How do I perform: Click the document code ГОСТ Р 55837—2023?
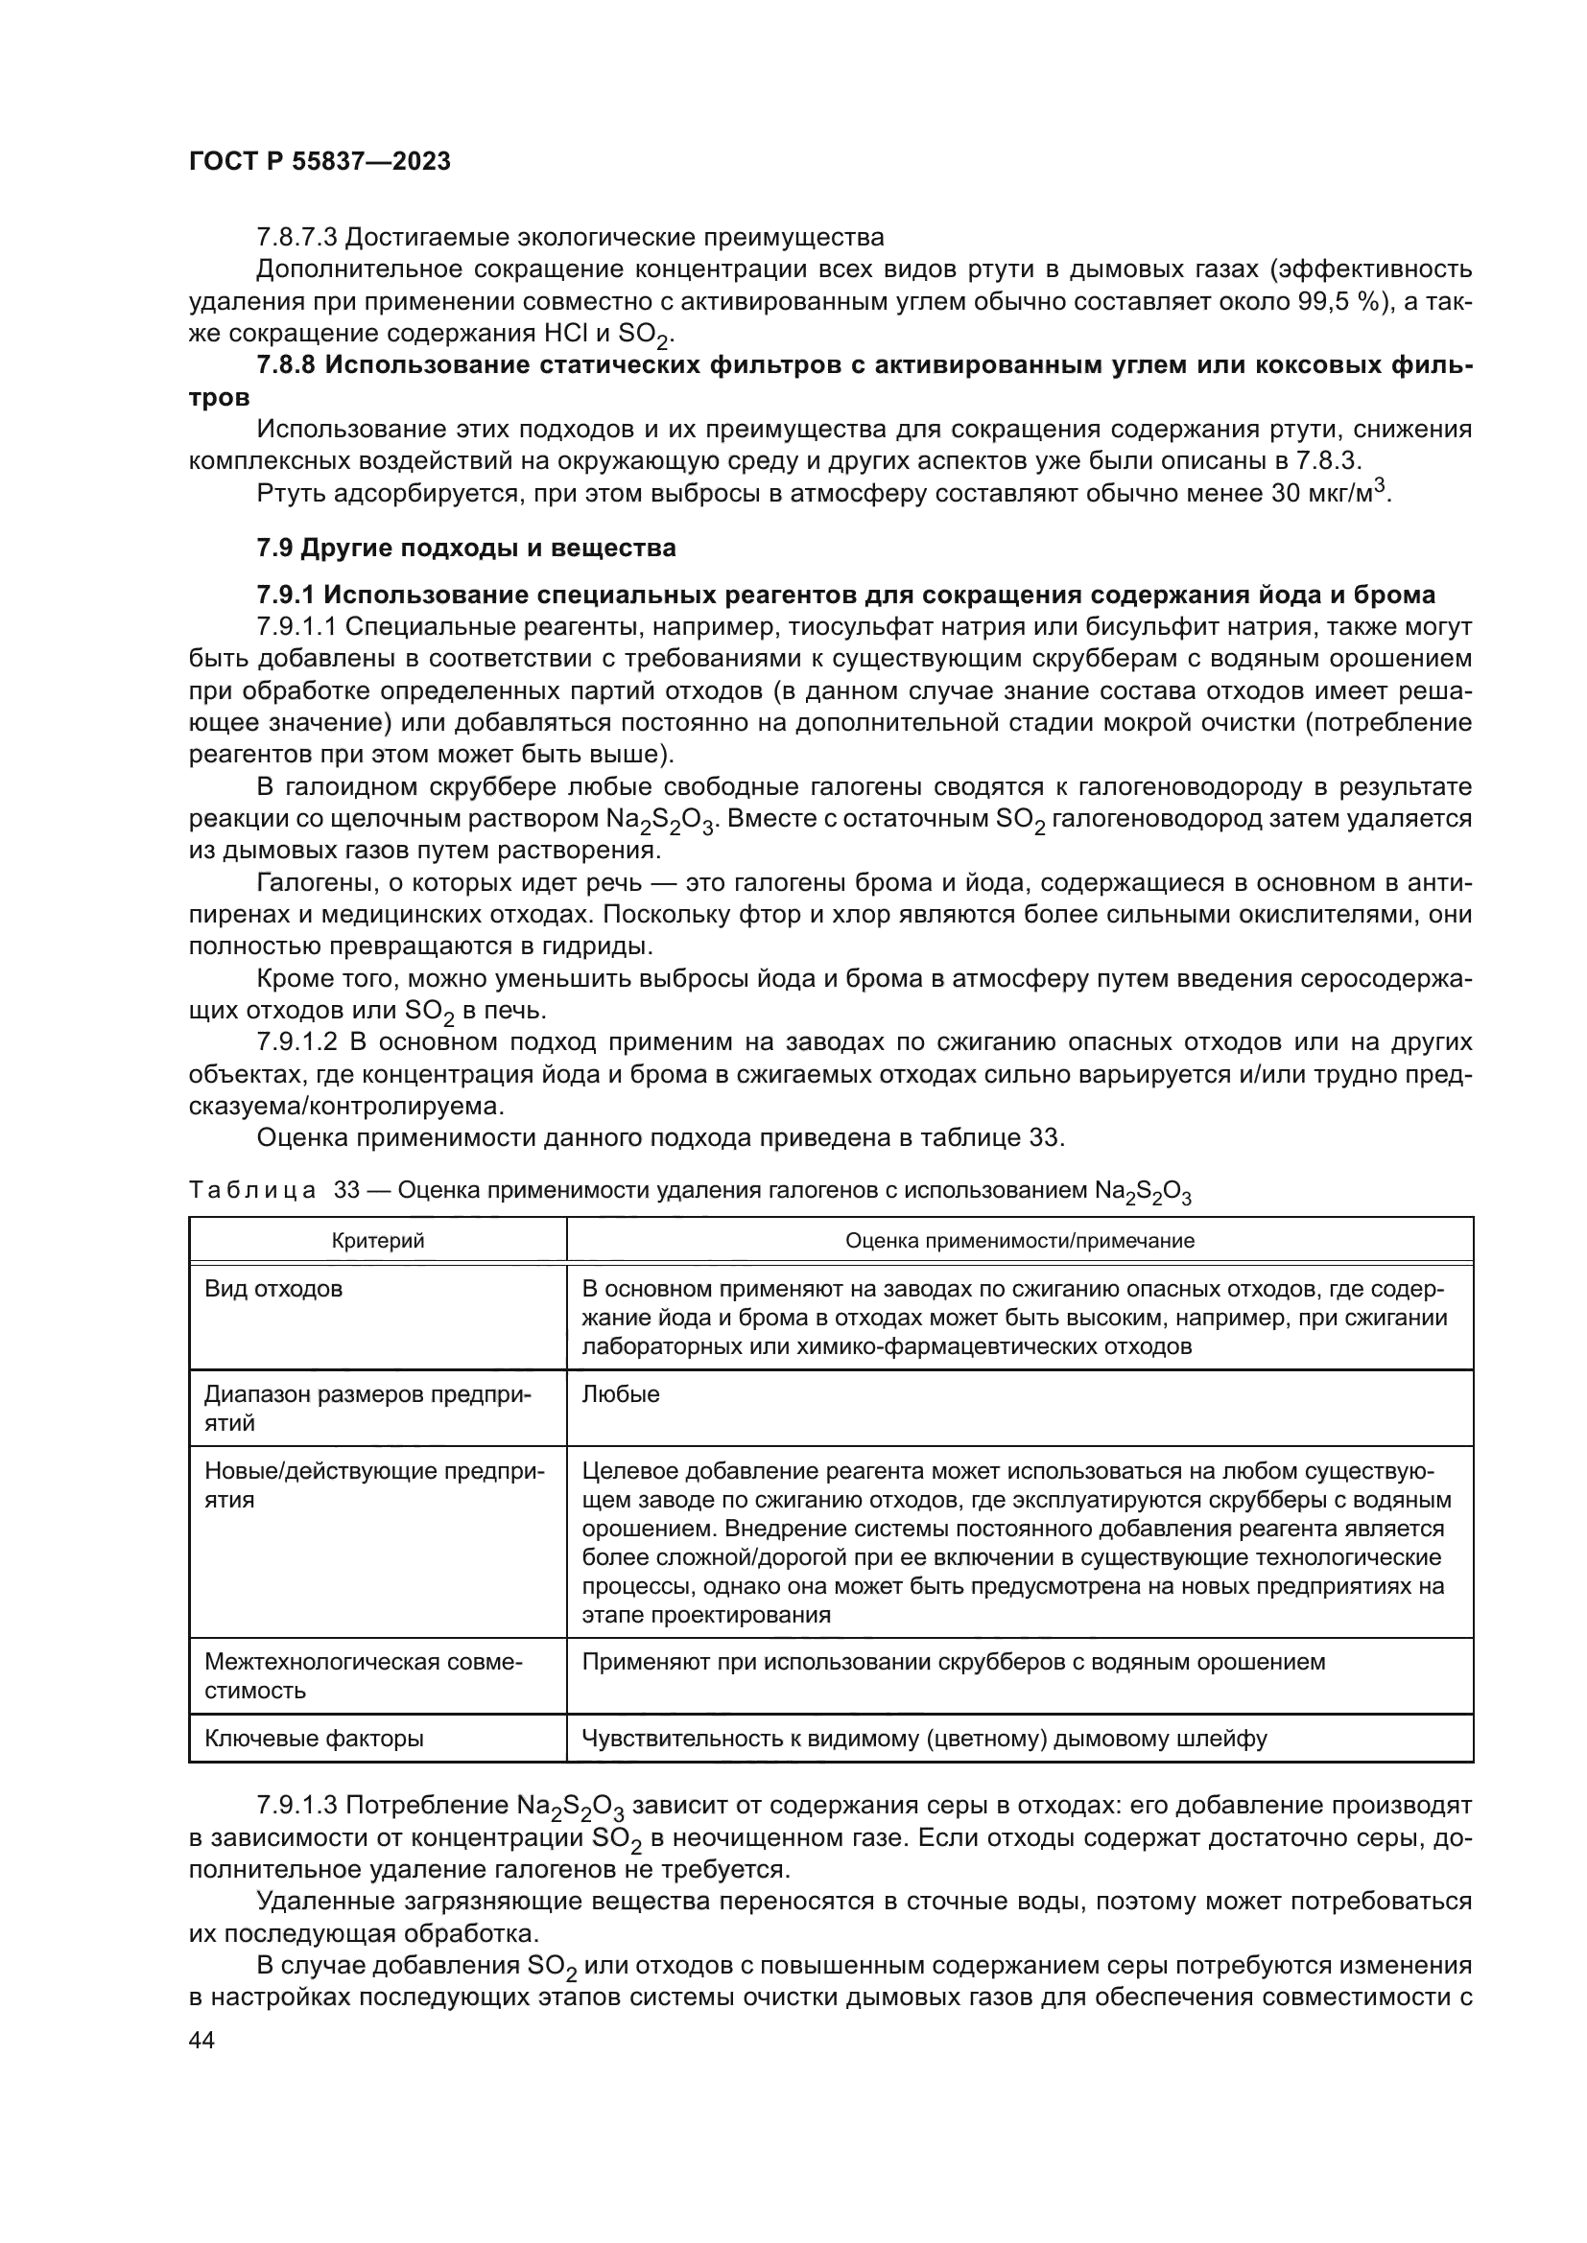point(320,162)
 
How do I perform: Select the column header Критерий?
point(377,1241)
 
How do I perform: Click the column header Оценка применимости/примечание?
point(1019,1241)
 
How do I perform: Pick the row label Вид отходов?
point(273,1290)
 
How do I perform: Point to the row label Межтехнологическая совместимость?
point(364,1676)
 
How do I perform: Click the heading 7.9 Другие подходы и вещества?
point(466,549)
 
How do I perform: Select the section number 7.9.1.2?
point(299,1042)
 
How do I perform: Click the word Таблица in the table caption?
point(252,1191)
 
